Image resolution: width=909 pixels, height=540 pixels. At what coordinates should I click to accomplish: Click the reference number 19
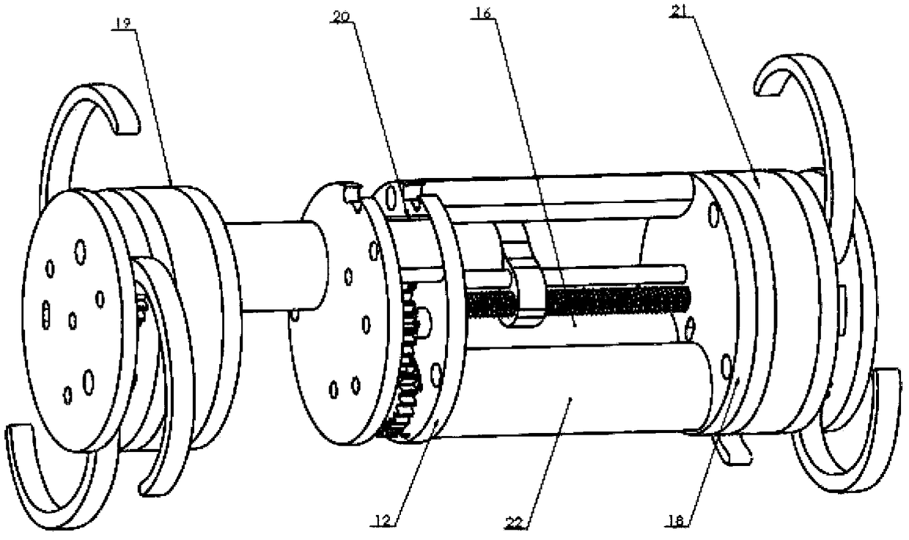pyautogui.click(x=122, y=23)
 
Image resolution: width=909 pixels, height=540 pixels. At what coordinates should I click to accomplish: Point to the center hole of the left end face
pyautogui.click(x=73, y=321)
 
